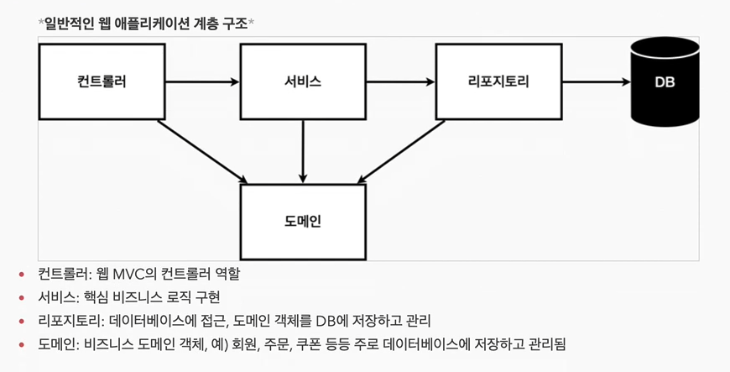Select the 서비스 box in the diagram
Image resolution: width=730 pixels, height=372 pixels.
coord(303,81)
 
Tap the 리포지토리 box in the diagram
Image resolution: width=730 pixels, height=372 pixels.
coord(498,81)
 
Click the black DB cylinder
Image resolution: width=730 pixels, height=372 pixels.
coord(665,81)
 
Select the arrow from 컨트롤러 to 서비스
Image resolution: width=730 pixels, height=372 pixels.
coord(202,81)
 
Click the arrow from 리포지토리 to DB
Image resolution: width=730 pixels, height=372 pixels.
coord(596,81)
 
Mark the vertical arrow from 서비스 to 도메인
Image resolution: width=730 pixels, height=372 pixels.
coord(303,151)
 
